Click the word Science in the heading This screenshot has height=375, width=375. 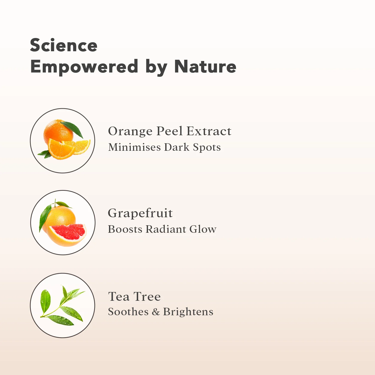coord(63,45)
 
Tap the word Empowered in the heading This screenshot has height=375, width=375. coord(84,67)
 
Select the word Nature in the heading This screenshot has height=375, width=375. coord(205,66)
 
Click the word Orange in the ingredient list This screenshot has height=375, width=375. coord(130,131)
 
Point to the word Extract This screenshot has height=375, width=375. coord(209,131)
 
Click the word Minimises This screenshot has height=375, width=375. coord(134,147)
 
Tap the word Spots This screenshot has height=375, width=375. coord(207,147)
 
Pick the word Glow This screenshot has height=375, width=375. coord(203,229)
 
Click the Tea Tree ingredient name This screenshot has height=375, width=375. coord(134,296)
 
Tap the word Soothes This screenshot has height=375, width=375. coord(128,311)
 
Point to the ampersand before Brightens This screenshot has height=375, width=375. coord(156,312)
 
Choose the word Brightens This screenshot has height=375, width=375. coord(188,312)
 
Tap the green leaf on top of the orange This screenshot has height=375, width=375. coord(72,129)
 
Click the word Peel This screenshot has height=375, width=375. coord(169,131)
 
